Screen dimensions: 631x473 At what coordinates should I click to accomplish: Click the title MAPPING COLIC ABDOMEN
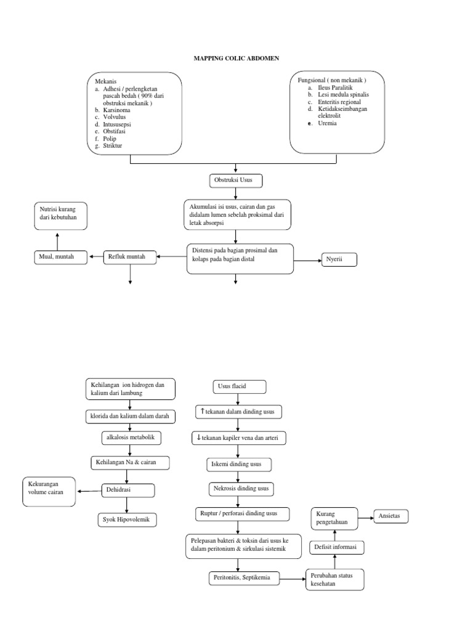[x=236, y=59]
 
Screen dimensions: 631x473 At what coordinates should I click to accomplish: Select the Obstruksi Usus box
[x=236, y=181]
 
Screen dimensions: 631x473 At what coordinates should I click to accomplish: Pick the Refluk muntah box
[x=129, y=256]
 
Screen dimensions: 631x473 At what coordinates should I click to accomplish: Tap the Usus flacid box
[x=239, y=387]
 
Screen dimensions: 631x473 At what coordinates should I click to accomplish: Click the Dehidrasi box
[x=127, y=490]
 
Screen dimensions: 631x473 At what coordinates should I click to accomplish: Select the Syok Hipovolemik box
[x=127, y=520]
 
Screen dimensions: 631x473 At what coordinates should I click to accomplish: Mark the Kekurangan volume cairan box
[x=49, y=489]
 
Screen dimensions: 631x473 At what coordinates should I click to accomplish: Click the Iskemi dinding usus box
[x=238, y=465]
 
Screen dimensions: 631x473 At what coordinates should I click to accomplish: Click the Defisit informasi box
[x=335, y=547]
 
